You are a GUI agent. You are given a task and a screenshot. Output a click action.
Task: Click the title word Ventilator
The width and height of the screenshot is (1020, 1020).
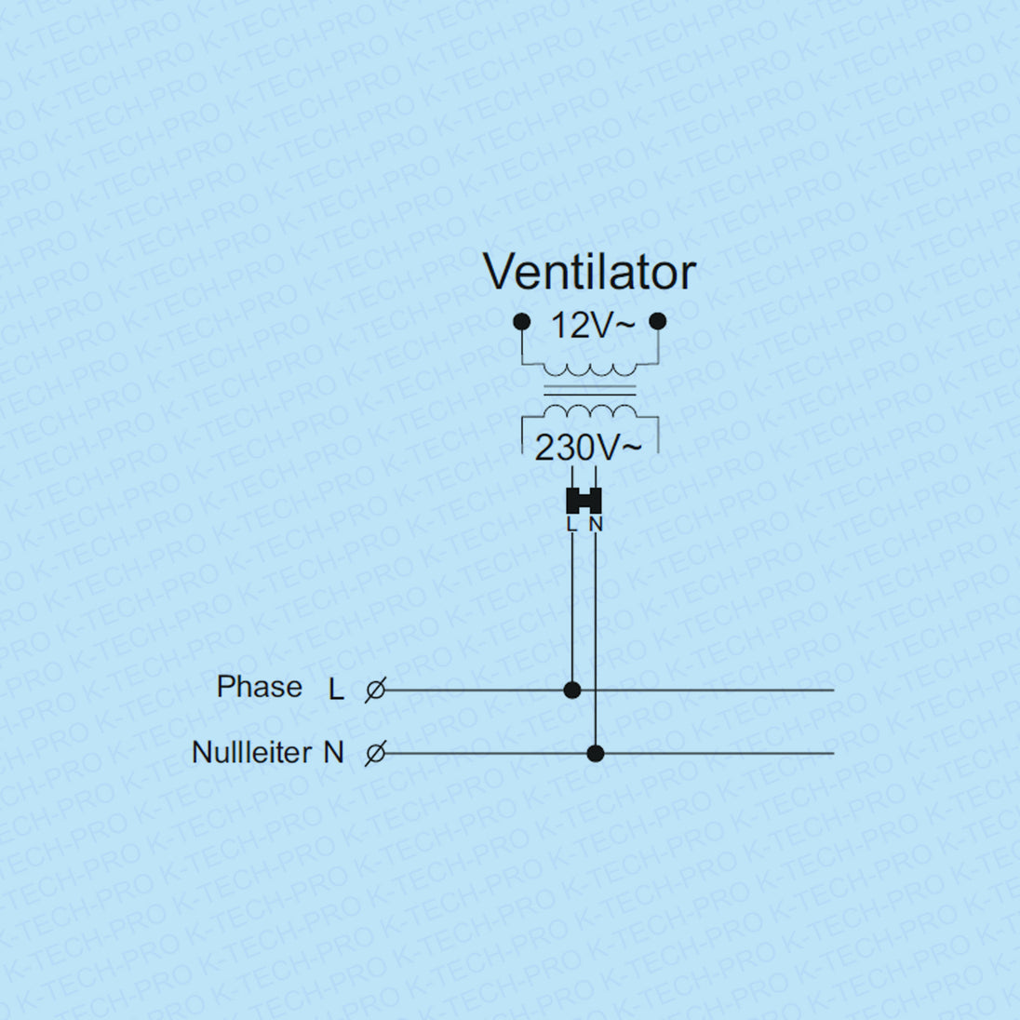(589, 272)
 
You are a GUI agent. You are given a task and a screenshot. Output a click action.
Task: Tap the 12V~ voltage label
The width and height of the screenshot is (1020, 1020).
(592, 326)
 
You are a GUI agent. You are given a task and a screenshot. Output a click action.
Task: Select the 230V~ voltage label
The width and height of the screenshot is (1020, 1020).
(587, 449)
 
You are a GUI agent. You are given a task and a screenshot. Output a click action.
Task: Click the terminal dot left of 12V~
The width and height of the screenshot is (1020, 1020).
(522, 322)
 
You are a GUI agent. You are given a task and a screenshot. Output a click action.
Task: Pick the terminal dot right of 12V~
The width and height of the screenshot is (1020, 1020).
(658, 322)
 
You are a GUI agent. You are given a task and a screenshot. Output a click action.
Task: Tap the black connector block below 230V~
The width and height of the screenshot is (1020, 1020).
(584, 501)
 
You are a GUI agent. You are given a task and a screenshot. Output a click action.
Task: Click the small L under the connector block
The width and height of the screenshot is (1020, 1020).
(571, 525)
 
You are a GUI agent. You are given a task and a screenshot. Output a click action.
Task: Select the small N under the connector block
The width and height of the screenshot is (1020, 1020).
(596, 525)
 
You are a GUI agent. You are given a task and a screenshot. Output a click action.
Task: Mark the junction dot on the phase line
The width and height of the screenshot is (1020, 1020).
(572, 690)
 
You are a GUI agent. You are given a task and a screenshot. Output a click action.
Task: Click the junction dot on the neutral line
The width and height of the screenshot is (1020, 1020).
(596, 753)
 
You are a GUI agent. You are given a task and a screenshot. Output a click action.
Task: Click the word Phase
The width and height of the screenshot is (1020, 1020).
(259, 687)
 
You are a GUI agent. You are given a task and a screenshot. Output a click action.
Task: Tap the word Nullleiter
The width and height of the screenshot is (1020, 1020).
(251, 752)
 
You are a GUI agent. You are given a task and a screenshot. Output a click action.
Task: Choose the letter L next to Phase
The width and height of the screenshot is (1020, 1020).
(336, 690)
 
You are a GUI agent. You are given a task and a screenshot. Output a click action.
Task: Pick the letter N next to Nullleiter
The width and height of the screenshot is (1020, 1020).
(333, 752)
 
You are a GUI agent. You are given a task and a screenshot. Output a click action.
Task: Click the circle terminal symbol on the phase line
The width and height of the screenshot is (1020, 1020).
(375, 691)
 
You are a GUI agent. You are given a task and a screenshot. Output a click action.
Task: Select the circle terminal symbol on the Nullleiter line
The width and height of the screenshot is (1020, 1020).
(375, 753)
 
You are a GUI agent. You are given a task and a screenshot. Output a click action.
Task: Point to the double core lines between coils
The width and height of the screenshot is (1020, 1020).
(590, 390)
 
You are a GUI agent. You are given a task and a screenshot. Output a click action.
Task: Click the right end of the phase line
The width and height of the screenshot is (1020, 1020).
(830, 690)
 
